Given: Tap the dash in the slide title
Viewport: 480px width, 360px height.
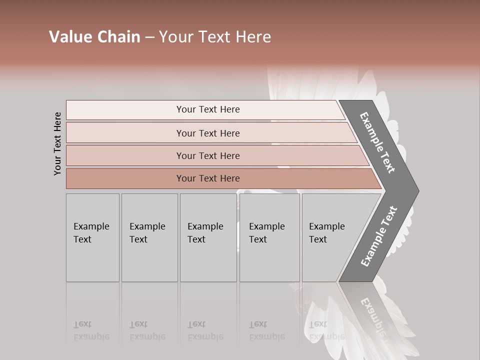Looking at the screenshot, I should coord(149,37).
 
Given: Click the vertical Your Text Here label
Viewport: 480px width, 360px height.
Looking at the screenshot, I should coord(57,143).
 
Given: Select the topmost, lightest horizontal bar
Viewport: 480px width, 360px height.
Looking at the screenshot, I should coord(208,109).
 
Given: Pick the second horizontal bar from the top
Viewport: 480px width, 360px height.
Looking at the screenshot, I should coord(208,133).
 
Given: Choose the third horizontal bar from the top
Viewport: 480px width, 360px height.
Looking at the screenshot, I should coord(208,155).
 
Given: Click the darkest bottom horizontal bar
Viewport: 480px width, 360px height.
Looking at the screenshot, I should coord(208,178).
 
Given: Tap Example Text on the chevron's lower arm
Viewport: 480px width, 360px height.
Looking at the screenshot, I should coord(378,236).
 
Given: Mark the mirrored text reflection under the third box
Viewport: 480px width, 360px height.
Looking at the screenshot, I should coord(205,330).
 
